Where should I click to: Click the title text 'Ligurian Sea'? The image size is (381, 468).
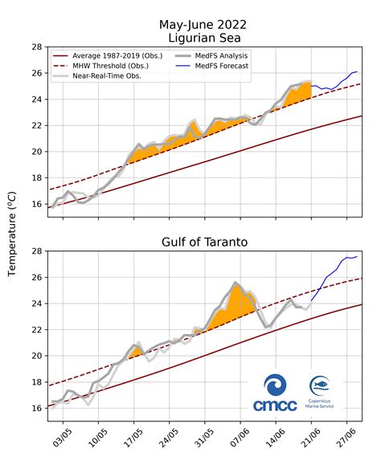coord(204,37)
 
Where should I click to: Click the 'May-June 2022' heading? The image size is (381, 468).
coord(204,22)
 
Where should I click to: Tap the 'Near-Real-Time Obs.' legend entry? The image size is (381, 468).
coord(99,76)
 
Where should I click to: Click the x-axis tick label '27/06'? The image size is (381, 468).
coord(346,441)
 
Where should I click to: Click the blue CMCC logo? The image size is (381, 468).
coord(275,393)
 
